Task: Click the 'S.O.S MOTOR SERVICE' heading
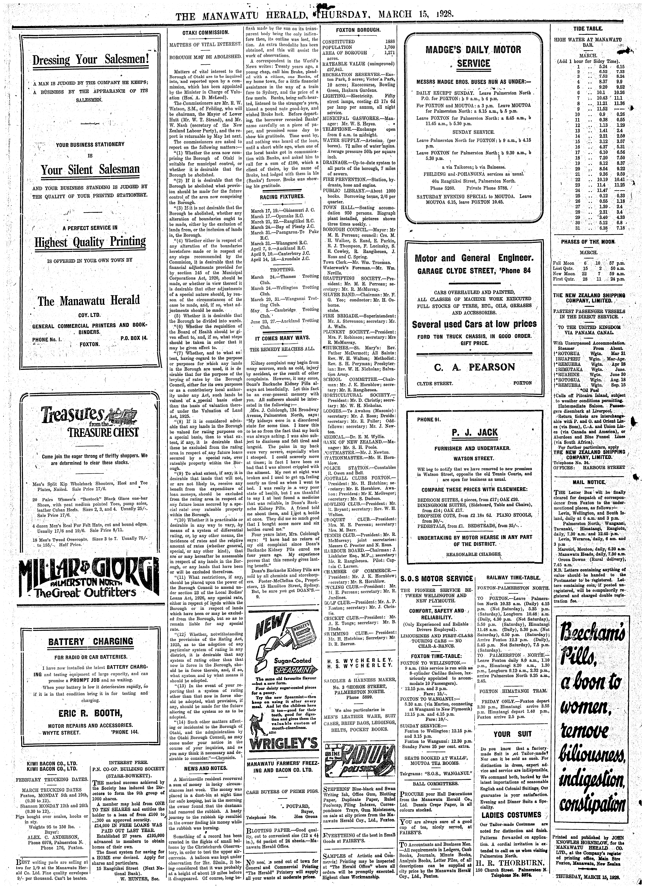437,579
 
